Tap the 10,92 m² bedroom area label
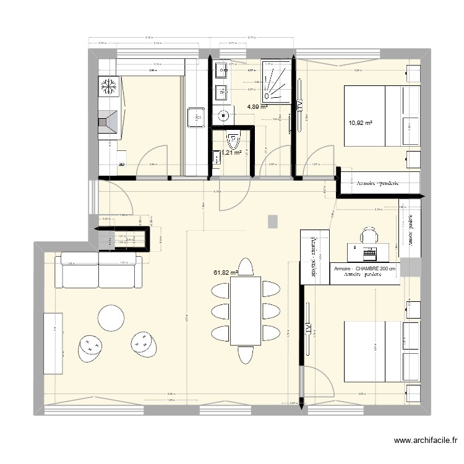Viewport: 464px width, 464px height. click(361, 123)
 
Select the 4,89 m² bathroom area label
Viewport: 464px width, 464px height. click(257, 106)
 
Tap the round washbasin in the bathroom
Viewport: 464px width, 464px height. click(223, 115)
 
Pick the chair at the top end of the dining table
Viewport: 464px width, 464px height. click(246, 267)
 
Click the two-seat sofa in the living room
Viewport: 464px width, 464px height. click(100, 270)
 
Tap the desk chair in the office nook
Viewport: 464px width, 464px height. click(369, 235)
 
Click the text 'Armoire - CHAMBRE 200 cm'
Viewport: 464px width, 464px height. click(364, 269)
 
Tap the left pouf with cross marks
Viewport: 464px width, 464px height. click(90, 348)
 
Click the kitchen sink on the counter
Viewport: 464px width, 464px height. click(197, 115)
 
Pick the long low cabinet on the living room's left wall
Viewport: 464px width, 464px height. click(53, 344)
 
